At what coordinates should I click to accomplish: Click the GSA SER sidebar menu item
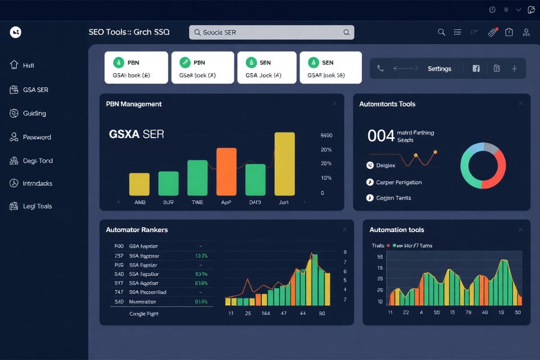click(35, 90)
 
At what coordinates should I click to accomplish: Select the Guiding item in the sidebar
click(34, 113)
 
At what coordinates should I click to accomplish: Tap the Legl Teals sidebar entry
click(37, 206)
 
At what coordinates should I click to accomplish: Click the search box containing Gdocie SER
click(271, 32)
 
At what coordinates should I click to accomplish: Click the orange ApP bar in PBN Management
click(226, 171)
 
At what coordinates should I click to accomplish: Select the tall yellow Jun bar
click(284, 164)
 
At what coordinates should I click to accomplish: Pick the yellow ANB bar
click(139, 184)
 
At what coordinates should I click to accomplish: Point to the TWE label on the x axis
click(197, 202)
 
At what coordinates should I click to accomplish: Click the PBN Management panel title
click(134, 104)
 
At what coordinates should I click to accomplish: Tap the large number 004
click(381, 135)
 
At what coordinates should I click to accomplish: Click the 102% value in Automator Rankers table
click(201, 256)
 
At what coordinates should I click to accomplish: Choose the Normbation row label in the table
click(143, 301)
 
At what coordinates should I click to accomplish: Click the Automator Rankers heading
click(137, 229)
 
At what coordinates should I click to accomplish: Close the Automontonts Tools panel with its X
click(521, 103)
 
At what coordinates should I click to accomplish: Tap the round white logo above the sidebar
click(15, 32)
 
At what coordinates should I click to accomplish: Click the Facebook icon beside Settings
click(476, 68)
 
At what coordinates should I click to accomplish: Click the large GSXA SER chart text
click(136, 134)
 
